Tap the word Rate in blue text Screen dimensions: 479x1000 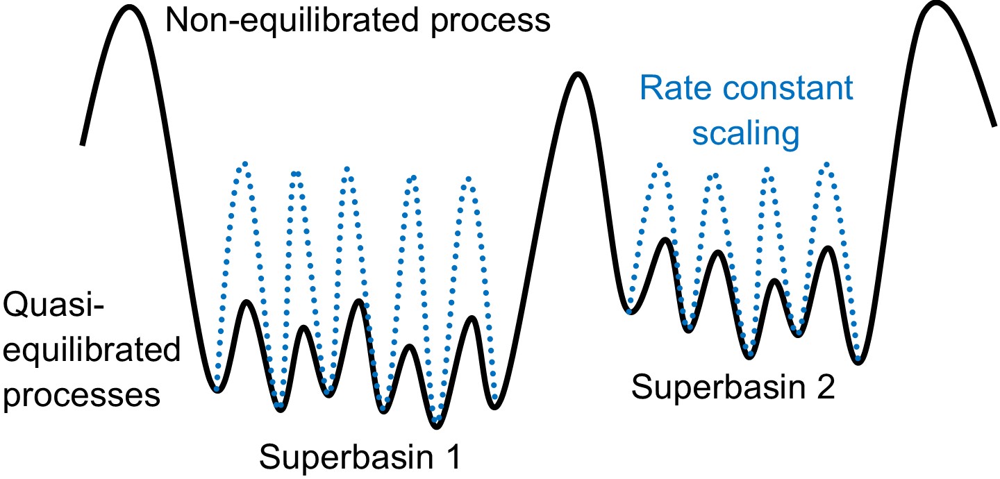click(667, 89)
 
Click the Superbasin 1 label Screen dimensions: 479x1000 click(360, 457)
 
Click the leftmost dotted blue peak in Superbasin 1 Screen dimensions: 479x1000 click(244, 165)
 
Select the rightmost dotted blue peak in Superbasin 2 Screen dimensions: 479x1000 click(826, 165)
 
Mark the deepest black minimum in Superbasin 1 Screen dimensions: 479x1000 click(436, 421)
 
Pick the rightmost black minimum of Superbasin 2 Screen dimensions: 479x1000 click(859, 360)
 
